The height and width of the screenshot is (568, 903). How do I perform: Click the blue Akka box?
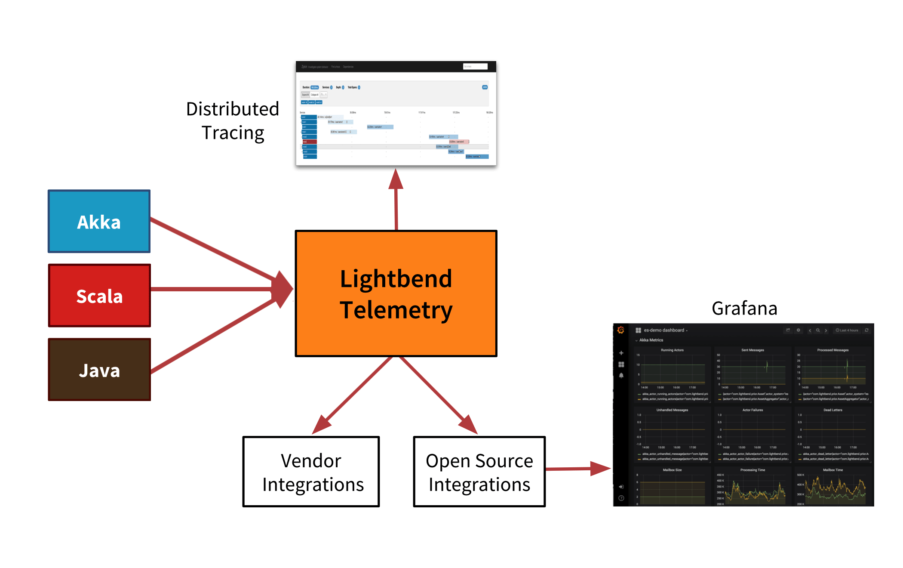(x=99, y=221)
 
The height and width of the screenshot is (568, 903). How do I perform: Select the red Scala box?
(x=99, y=296)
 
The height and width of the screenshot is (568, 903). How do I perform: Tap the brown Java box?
(x=99, y=370)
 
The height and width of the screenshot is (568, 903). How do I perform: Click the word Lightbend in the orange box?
(x=396, y=278)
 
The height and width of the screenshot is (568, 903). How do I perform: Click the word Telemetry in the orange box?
(x=396, y=310)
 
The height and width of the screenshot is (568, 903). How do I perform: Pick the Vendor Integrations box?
(x=311, y=472)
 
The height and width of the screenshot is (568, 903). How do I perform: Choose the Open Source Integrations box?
(x=479, y=472)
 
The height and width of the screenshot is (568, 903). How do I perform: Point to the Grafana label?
(x=744, y=309)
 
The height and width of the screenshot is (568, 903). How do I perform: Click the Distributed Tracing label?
(x=233, y=121)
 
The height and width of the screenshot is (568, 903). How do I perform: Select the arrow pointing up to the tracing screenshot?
(x=396, y=198)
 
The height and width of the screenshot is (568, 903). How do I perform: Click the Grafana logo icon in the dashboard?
(x=620, y=330)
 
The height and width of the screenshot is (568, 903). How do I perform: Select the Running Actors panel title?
(x=672, y=350)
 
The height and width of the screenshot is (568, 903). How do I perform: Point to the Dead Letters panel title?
(x=832, y=410)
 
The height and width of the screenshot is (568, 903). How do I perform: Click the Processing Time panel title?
(x=752, y=470)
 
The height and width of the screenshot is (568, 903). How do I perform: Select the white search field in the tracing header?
(x=475, y=66)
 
